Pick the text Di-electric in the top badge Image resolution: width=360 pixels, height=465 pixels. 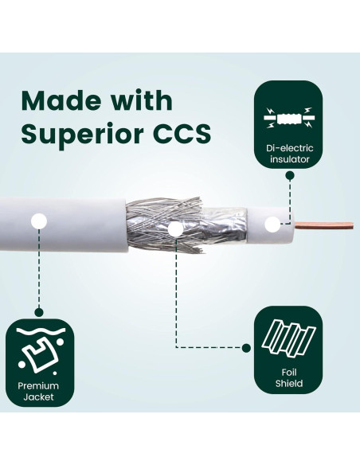tap(288, 148)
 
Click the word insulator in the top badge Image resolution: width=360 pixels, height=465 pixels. tap(288, 160)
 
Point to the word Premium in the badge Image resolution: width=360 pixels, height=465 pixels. tap(40, 386)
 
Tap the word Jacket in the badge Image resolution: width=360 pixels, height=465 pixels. tap(40, 398)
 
